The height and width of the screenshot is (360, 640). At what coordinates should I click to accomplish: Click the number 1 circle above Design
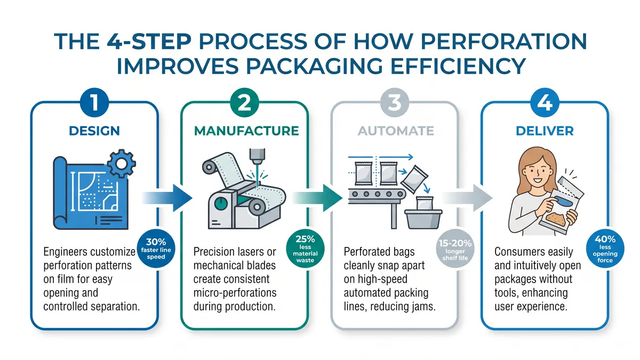click(95, 103)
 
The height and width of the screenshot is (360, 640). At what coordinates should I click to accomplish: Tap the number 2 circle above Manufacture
click(244, 103)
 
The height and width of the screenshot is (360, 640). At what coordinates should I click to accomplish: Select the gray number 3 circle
click(394, 103)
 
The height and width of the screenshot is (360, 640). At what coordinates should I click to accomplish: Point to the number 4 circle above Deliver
click(544, 103)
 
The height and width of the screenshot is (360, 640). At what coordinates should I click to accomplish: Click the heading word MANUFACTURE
click(245, 131)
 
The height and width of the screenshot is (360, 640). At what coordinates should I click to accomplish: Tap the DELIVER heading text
click(544, 131)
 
